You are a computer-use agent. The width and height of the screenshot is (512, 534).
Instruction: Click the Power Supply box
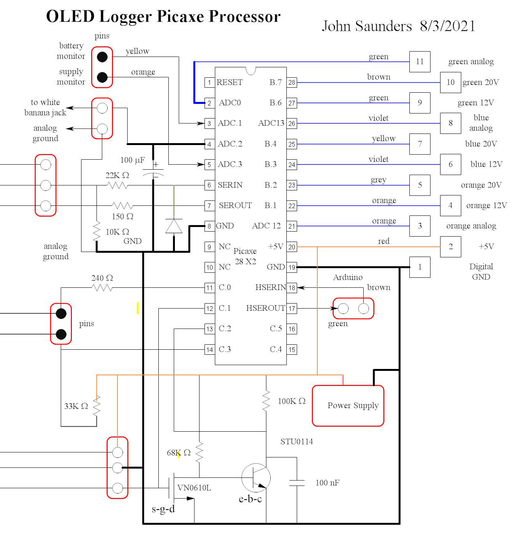[348, 406]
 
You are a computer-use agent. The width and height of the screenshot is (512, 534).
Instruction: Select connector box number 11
[419, 62]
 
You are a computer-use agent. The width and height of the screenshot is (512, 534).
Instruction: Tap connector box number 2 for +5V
[450, 246]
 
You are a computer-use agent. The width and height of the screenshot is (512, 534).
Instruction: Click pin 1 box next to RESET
[209, 82]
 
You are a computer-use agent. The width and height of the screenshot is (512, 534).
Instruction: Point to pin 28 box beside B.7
[292, 82]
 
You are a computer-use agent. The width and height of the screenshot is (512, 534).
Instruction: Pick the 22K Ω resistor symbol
[118, 185]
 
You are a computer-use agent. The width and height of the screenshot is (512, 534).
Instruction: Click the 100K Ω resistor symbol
[266, 401]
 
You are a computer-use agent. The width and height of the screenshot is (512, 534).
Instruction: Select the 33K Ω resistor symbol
[96, 406]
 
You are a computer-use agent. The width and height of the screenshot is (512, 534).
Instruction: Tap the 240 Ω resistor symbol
[102, 287]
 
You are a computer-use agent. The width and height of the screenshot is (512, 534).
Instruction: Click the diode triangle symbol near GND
[174, 226]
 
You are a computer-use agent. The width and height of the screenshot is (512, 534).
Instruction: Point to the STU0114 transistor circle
[256, 478]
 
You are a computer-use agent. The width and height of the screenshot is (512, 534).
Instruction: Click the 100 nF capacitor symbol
[297, 483]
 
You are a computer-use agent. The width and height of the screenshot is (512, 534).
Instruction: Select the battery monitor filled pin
[102, 57]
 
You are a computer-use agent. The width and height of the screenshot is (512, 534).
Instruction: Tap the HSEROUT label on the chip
[265, 308]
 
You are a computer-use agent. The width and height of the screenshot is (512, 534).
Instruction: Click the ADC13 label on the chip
[271, 123]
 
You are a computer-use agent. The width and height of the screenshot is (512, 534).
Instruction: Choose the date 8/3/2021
[447, 26]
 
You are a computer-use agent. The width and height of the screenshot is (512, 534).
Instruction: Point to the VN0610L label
[194, 488]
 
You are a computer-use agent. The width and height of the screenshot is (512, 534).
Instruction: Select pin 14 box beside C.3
[209, 349]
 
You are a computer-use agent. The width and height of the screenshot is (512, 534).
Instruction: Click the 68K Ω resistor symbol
[199, 452]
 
